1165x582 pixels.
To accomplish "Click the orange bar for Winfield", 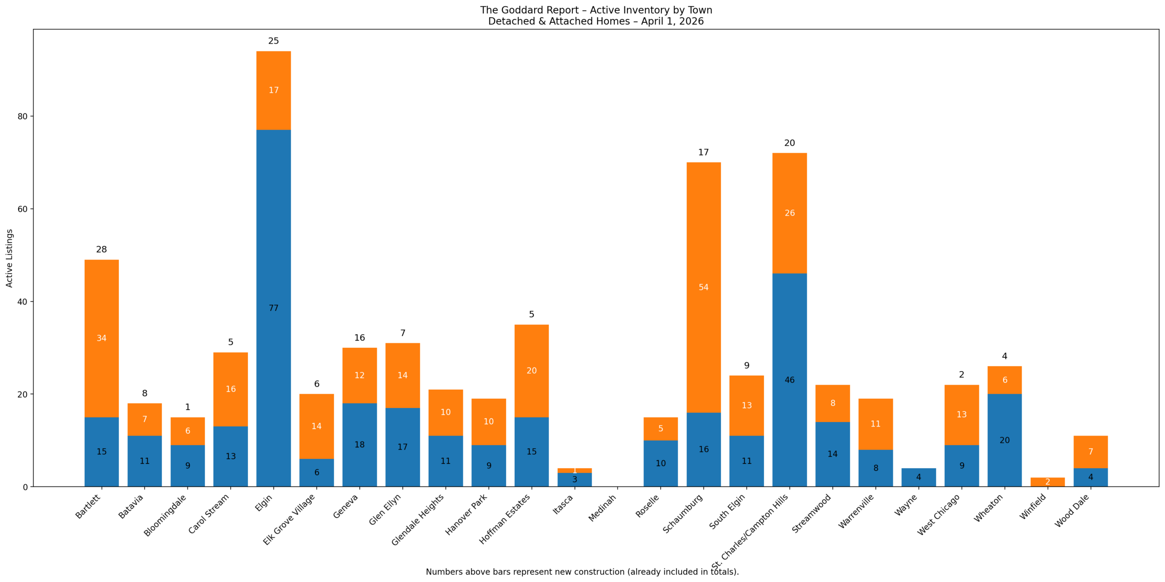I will (1047, 482).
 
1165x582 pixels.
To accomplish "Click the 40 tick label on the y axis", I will (22, 302).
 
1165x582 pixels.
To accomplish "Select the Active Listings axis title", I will (10, 258).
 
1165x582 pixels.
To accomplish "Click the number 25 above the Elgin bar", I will (273, 41).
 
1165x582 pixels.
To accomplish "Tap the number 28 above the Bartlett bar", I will (101, 250).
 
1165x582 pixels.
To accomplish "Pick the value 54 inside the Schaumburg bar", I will (703, 287).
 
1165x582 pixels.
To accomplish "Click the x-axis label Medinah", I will (602, 508).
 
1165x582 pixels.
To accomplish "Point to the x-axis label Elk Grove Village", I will (289, 519).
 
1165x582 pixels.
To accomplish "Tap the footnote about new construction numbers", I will (582, 572).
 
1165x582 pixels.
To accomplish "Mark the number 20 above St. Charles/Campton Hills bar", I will (790, 143).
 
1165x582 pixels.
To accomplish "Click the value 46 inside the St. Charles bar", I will (790, 380).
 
